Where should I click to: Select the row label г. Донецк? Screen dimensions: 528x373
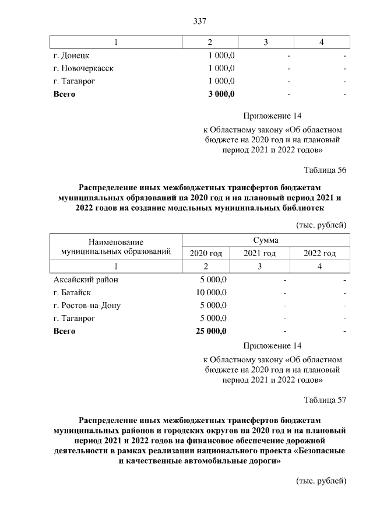tap(71, 56)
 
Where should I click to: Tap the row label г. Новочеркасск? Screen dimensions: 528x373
tap(83, 68)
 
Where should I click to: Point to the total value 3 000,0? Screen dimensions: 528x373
tap(221, 93)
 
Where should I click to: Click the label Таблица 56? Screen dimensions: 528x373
tap(325, 170)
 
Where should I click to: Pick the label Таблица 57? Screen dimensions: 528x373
tap(325, 400)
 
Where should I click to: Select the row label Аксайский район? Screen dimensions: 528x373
tap(85, 279)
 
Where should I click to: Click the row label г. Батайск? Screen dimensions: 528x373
tap(72, 292)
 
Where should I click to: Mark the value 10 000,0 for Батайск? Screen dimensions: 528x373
tap(212, 292)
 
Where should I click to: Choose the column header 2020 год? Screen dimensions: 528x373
tap(206, 253)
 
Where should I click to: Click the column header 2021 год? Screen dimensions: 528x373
tap(259, 253)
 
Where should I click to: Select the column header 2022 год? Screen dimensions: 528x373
tap(320, 253)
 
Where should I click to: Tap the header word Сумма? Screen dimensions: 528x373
tap(265, 240)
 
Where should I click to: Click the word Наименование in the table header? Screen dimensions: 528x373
tap(116, 241)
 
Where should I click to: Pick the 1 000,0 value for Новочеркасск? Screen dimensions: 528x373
tap(221, 68)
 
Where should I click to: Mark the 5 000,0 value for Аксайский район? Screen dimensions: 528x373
tap(214, 279)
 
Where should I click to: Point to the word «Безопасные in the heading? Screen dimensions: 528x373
tap(321, 451)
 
